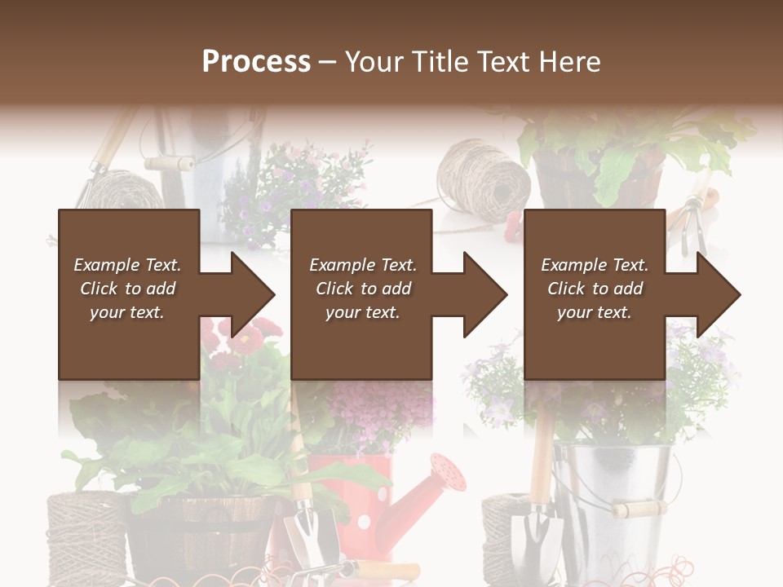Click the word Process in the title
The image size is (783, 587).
256,61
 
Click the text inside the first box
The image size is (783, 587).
128,289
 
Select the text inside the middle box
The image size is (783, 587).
363,289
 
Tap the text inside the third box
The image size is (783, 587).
595,289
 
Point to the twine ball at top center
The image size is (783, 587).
483,179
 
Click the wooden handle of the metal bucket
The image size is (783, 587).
639,510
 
